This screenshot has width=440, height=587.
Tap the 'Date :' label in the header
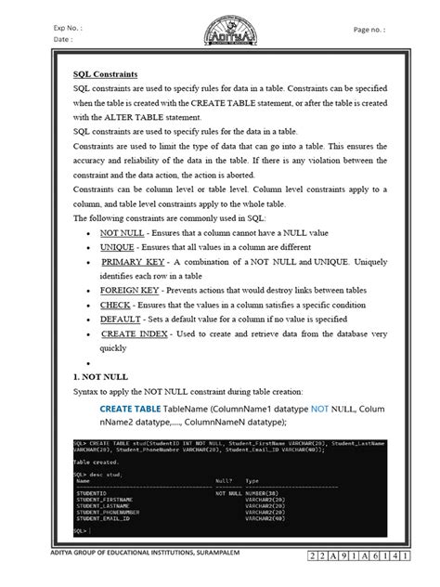pyautogui.click(x=64, y=40)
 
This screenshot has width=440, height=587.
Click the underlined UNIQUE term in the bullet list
pyautogui.click(x=117, y=248)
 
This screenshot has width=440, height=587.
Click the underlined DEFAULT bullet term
pyautogui.click(x=121, y=318)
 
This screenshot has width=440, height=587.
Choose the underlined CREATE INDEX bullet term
pyautogui.click(x=134, y=332)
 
